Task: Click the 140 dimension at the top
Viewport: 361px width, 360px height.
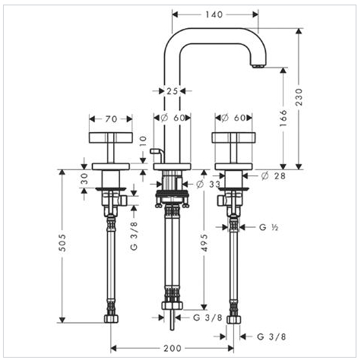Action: [214, 14]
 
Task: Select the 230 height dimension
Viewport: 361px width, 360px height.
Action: [299, 97]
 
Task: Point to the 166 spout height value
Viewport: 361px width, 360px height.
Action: [283, 118]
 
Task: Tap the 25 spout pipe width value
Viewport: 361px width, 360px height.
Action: [172, 91]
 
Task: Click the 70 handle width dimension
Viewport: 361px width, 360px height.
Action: [111, 118]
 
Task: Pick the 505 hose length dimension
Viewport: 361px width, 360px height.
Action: [62, 242]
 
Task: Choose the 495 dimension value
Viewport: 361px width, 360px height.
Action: [204, 243]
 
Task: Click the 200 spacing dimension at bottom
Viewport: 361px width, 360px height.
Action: [173, 349]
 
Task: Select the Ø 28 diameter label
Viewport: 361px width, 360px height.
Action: [274, 175]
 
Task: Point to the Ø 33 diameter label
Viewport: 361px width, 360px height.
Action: [208, 185]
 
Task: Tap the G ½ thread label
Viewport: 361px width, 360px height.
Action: [268, 227]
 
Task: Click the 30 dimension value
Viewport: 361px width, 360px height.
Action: [84, 178]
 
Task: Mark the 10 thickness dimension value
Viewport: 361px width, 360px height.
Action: [143, 141]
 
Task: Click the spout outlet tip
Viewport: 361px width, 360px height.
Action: [258, 66]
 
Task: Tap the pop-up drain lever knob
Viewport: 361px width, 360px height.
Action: [154, 151]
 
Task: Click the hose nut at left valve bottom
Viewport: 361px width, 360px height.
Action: [111, 319]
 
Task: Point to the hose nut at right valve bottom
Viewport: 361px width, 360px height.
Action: [234, 319]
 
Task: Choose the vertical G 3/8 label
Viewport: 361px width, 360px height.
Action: [134, 236]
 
